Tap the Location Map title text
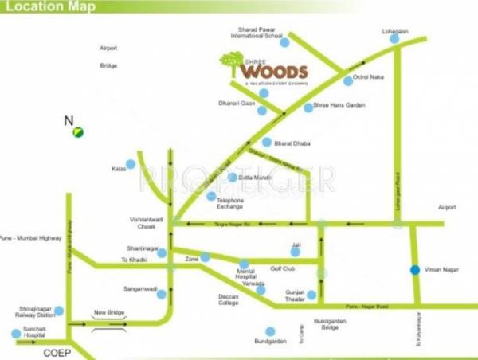tap(49, 7)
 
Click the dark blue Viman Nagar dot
tap(413, 271)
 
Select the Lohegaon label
tap(394, 31)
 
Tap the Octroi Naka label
tap(374, 77)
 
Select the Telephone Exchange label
tap(230, 203)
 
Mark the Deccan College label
tap(228, 299)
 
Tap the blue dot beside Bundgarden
tap(271, 331)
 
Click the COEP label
tap(58, 351)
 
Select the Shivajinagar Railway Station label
tap(34, 311)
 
